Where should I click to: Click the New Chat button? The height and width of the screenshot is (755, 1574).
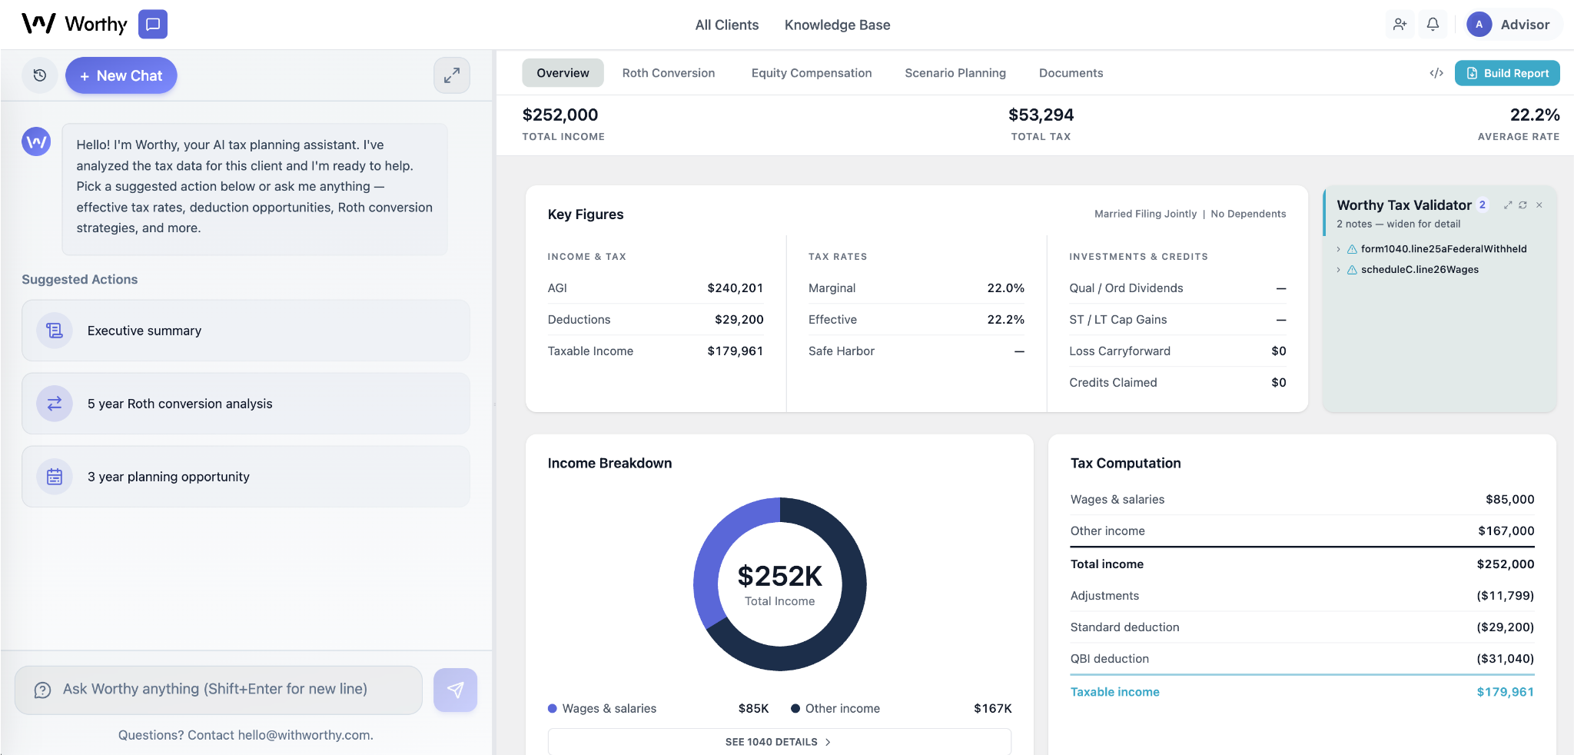pyautogui.click(x=121, y=75)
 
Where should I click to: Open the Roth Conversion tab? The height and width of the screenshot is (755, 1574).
pyautogui.click(x=668, y=73)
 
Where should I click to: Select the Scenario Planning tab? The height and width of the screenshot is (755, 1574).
pyautogui.click(x=955, y=73)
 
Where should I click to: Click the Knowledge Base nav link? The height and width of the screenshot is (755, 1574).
pyautogui.click(x=837, y=25)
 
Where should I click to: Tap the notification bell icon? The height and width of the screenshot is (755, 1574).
pyautogui.click(x=1433, y=25)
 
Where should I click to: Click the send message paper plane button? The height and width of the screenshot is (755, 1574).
pyautogui.click(x=455, y=690)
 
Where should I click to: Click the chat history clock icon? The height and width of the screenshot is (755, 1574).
pyautogui.click(x=40, y=75)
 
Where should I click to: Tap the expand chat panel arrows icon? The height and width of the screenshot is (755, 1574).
pyautogui.click(x=452, y=75)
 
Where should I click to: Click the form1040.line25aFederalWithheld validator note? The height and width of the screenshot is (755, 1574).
pyautogui.click(x=1443, y=249)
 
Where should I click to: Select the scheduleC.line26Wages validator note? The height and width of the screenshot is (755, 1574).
pyautogui.click(x=1419, y=270)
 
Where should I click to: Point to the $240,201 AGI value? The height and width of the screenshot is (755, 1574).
pyautogui.click(x=735, y=288)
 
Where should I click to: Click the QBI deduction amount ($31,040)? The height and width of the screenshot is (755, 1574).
pyautogui.click(x=1504, y=659)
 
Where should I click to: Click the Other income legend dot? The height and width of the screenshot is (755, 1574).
pyautogui.click(x=795, y=709)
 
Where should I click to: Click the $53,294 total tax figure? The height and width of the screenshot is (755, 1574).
pyautogui.click(x=1041, y=115)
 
